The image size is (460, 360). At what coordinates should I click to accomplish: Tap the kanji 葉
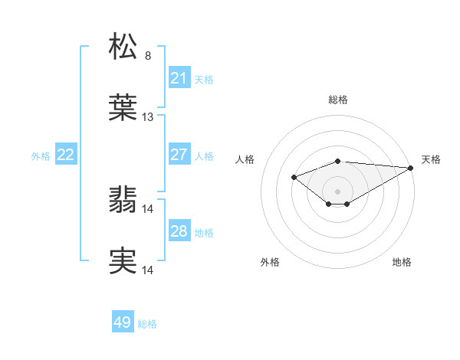tap(123, 109)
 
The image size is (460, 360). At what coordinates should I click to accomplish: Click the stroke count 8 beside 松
tap(148, 56)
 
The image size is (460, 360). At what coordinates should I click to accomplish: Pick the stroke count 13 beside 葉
tap(148, 117)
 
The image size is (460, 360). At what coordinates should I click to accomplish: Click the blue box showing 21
tap(179, 78)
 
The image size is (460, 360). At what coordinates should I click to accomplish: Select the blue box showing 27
tap(179, 155)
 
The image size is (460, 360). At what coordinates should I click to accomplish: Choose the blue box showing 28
tap(179, 231)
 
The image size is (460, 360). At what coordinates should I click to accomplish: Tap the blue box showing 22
tap(65, 155)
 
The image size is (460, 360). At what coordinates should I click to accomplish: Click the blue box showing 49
tap(122, 323)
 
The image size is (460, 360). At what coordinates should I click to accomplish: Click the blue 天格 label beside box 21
tap(204, 79)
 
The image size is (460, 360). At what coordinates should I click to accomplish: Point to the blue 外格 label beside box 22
tap(41, 155)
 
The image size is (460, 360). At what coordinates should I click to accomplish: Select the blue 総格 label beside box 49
tap(147, 324)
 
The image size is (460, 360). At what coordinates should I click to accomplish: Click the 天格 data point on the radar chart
tap(412, 168)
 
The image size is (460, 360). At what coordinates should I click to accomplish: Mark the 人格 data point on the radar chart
tap(294, 178)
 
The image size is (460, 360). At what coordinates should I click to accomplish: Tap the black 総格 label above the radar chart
tap(337, 100)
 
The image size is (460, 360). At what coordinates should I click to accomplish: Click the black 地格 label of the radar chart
tap(402, 263)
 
